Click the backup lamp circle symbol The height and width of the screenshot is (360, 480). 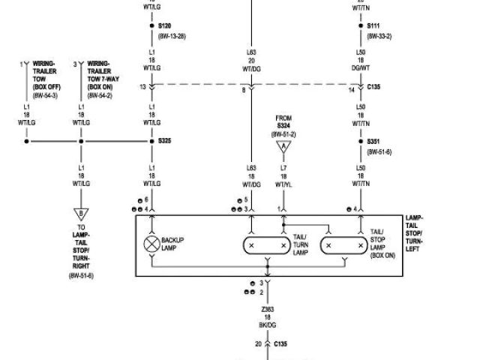152,244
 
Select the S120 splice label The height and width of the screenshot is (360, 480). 164,25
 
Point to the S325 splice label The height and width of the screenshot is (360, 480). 165,140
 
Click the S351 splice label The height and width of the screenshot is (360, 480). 373,141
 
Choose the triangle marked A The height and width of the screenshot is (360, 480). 283,148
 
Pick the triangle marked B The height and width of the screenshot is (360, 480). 80,215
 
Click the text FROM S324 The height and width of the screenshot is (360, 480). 283,121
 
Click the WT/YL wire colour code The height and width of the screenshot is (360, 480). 283,184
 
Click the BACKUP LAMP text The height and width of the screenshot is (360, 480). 173,244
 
